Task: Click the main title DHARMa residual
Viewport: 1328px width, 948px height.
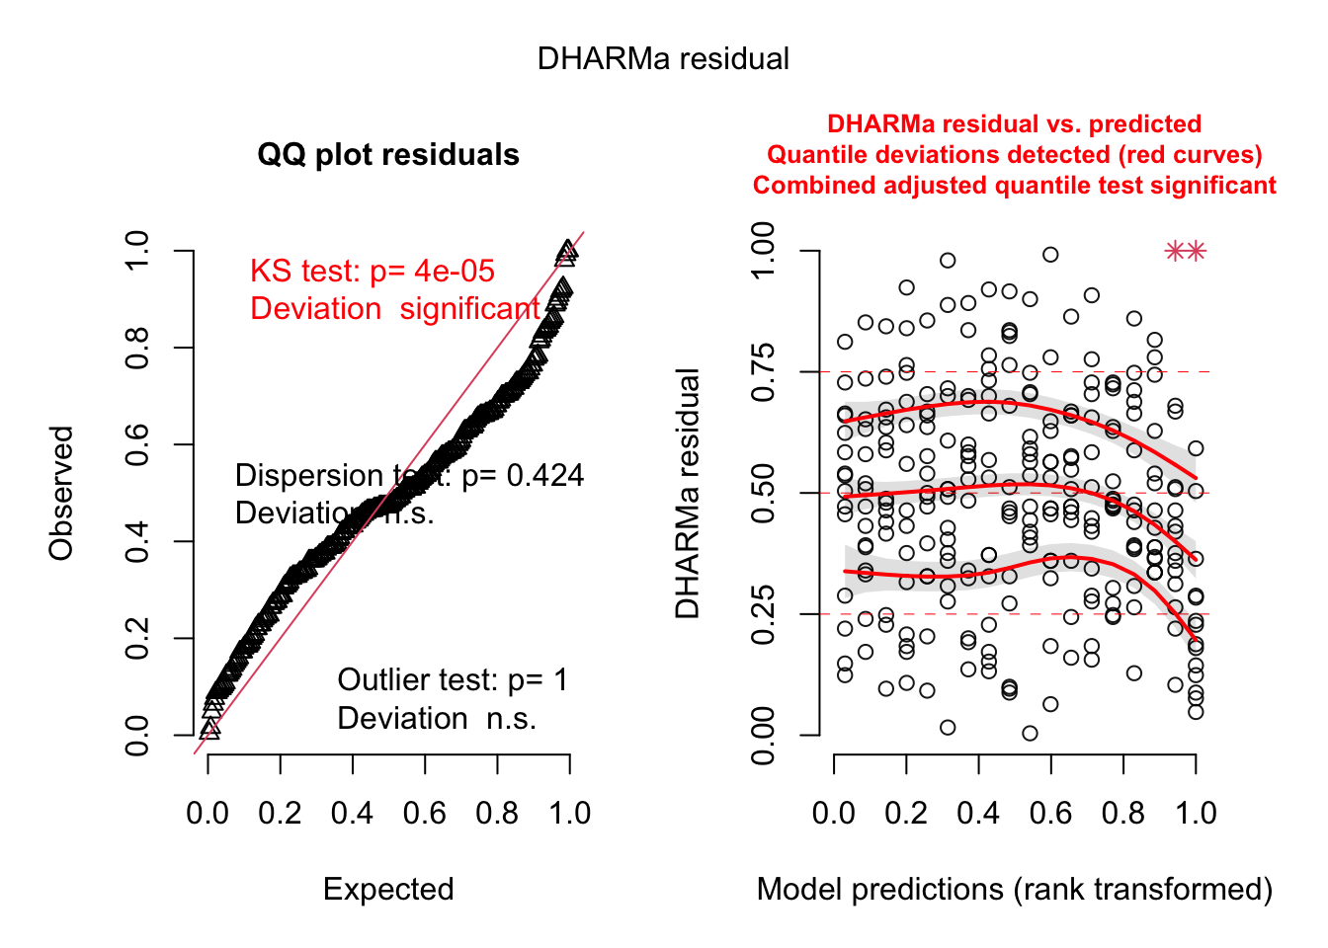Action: click(x=663, y=59)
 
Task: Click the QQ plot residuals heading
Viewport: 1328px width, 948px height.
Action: click(x=388, y=155)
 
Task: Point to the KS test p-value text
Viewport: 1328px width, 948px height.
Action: click(x=372, y=272)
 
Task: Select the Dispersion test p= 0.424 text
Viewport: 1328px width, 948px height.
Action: click(x=409, y=476)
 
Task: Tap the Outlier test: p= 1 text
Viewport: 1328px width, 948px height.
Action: click(x=453, y=680)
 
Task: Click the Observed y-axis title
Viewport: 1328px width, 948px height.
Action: click(x=61, y=493)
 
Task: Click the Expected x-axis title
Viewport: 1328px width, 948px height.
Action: click(x=388, y=890)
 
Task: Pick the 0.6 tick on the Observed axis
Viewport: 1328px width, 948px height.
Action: click(x=138, y=444)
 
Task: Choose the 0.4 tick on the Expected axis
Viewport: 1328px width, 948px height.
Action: click(x=352, y=814)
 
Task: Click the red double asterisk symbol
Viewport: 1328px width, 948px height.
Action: click(x=1186, y=252)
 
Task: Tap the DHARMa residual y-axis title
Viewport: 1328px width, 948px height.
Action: click(x=688, y=493)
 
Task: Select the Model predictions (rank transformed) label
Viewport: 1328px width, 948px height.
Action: click(x=1015, y=890)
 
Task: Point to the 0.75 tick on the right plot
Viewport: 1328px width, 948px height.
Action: click(x=764, y=372)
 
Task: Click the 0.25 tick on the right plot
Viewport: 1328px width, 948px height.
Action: click(x=764, y=614)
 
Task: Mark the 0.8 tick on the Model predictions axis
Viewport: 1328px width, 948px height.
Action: click(x=1123, y=814)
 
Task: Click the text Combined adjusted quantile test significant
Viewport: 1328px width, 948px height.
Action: click(x=1015, y=186)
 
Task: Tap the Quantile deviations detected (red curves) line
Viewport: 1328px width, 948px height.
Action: click(x=1015, y=155)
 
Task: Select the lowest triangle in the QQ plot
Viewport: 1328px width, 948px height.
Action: click(x=209, y=730)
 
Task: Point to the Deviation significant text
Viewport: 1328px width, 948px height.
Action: click(x=395, y=309)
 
